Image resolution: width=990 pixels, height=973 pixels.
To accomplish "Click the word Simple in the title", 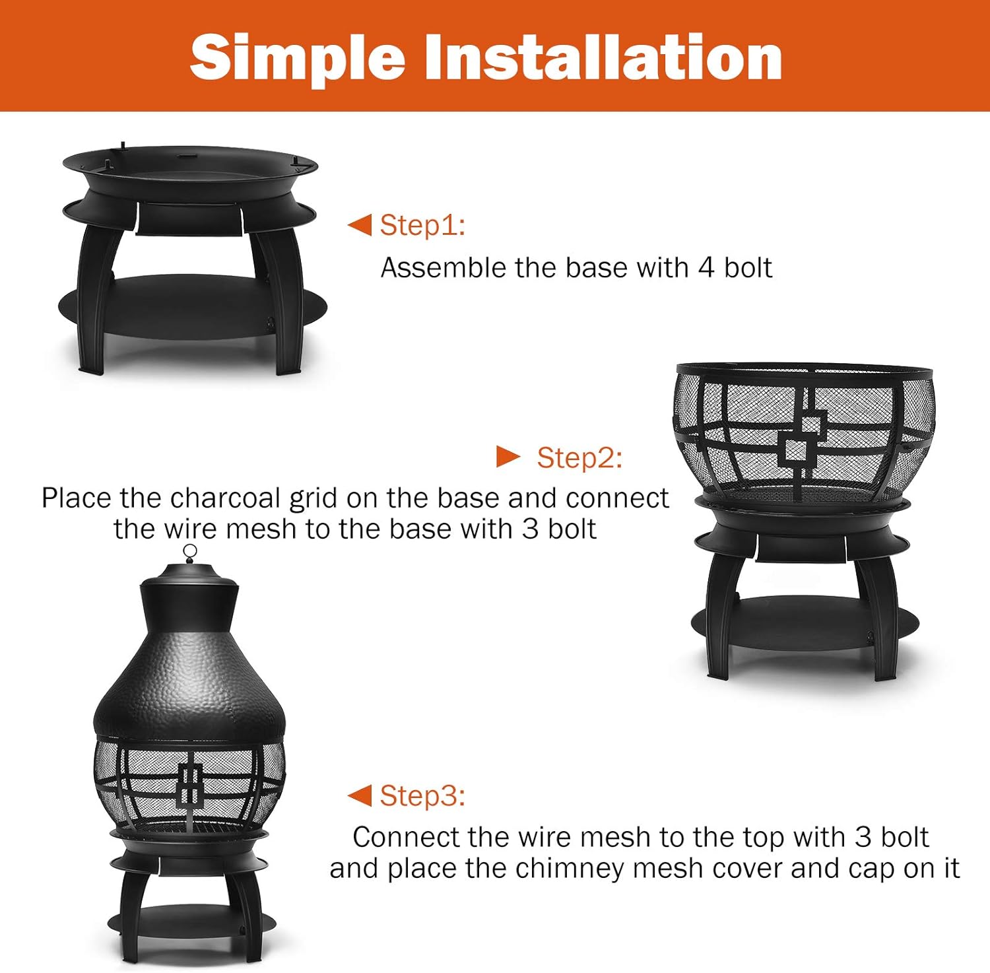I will [x=297, y=58].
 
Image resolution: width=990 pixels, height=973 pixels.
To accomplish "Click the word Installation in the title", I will [x=602, y=58].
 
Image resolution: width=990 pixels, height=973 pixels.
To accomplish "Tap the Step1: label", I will [x=422, y=225].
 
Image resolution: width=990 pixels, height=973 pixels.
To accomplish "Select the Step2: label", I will [x=579, y=457].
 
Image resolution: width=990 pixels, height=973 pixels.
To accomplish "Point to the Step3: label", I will [x=422, y=795].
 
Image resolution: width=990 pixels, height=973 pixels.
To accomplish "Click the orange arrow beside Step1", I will [x=360, y=225].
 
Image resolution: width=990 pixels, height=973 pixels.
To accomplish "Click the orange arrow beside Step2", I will [x=508, y=456].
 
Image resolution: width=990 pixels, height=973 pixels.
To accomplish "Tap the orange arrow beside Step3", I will [x=360, y=795].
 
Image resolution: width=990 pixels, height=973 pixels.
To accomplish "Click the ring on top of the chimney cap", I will [x=190, y=551].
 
